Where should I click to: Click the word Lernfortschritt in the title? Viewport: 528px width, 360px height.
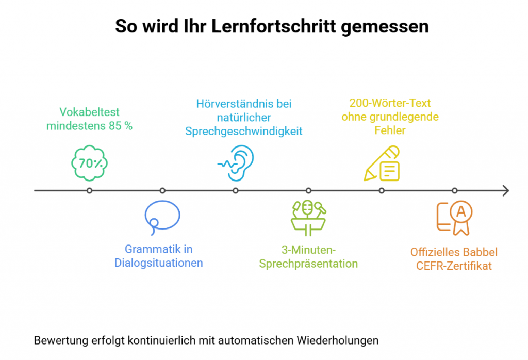pyautogui.click(x=271, y=26)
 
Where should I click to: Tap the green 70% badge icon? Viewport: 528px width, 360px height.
pyautogui.click(x=89, y=163)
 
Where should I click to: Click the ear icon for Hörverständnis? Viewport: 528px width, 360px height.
pyautogui.click(x=236, y=162)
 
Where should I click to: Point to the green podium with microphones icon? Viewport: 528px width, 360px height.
pyautogui.click(x=308, y=216)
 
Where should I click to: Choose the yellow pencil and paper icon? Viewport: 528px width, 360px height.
pyautogui.click(x=382, y=163)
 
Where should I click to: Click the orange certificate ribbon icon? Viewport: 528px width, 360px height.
pyautogui.click(x=454, y=217)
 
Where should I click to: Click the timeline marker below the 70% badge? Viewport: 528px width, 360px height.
pyautogui.click(x=90, y=191)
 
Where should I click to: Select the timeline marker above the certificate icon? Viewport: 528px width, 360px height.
pyautogui.click(x=454, y=191)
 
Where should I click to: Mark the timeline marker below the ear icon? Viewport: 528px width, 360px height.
pyautogui.click(x=236, y=191)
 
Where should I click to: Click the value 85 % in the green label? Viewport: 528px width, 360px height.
pyautogui.click(x=118, y=126)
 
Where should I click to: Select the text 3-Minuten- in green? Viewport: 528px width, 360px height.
pyautogui.click(x=308, y=251)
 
